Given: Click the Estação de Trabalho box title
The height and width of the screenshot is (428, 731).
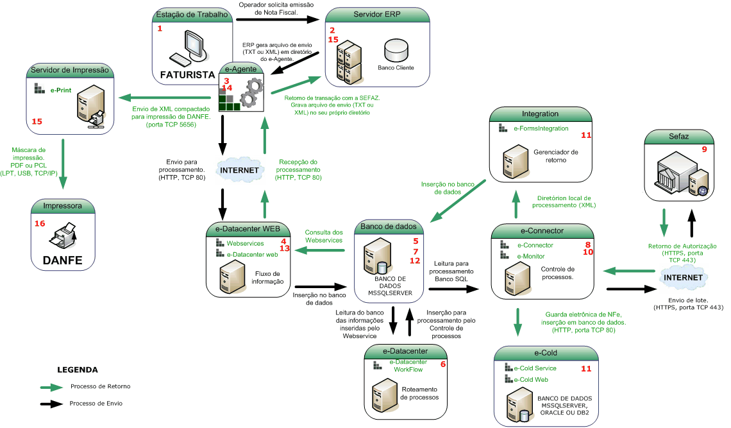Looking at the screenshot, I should (x=193, y=14).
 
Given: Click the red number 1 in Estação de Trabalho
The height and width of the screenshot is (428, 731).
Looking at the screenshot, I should (x=160, y=29).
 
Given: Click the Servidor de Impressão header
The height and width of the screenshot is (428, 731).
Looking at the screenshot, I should (x=71, y=70).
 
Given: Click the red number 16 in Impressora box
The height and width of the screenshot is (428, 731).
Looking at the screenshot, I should (x=40, y=224).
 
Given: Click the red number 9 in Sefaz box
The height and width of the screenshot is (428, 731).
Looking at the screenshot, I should (x=704, y=149).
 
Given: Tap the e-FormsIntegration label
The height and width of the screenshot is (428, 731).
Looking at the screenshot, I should (x=541, y=128).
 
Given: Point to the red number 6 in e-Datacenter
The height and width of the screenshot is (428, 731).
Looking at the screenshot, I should (x=442, y=364).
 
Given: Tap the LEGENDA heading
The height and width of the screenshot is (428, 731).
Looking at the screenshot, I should (x=78, y=370).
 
